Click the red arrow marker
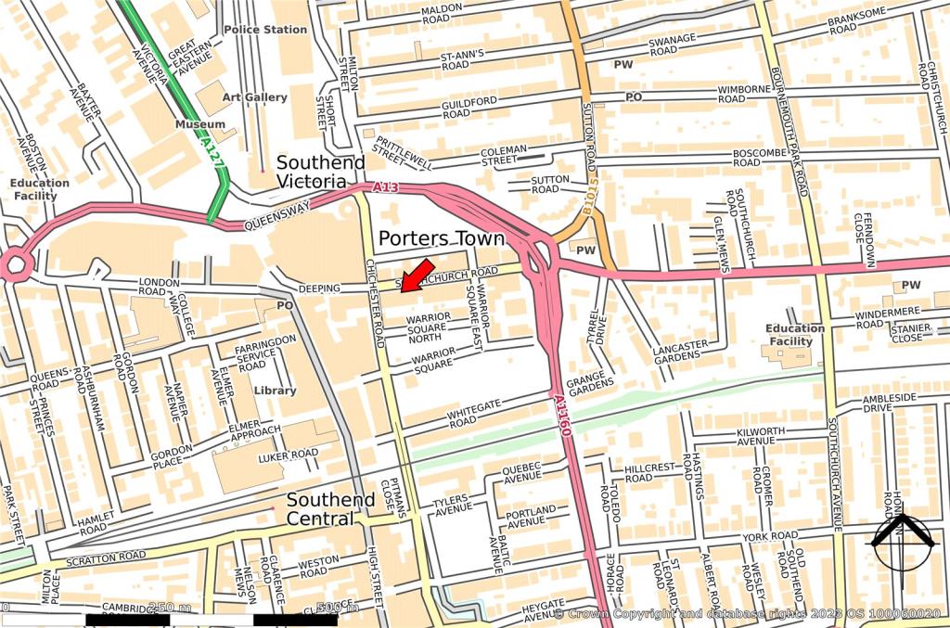pyautogui.click(x=417, y=276)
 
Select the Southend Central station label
pyautogui.click(x=330, y=508)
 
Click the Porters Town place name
pyautogui.click(x=441, y=238)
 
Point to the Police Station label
pyautogui.click(x=265, y=30)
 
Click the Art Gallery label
pyautogui.click(x=254, y=97)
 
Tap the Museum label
pyautogui.click(x=200, y=124)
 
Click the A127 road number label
pyautogui.click(x=212, y=152)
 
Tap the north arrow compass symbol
pyautogui.click(x=901, y=542)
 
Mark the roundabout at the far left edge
pyautogui.click(x=15, y=265)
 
